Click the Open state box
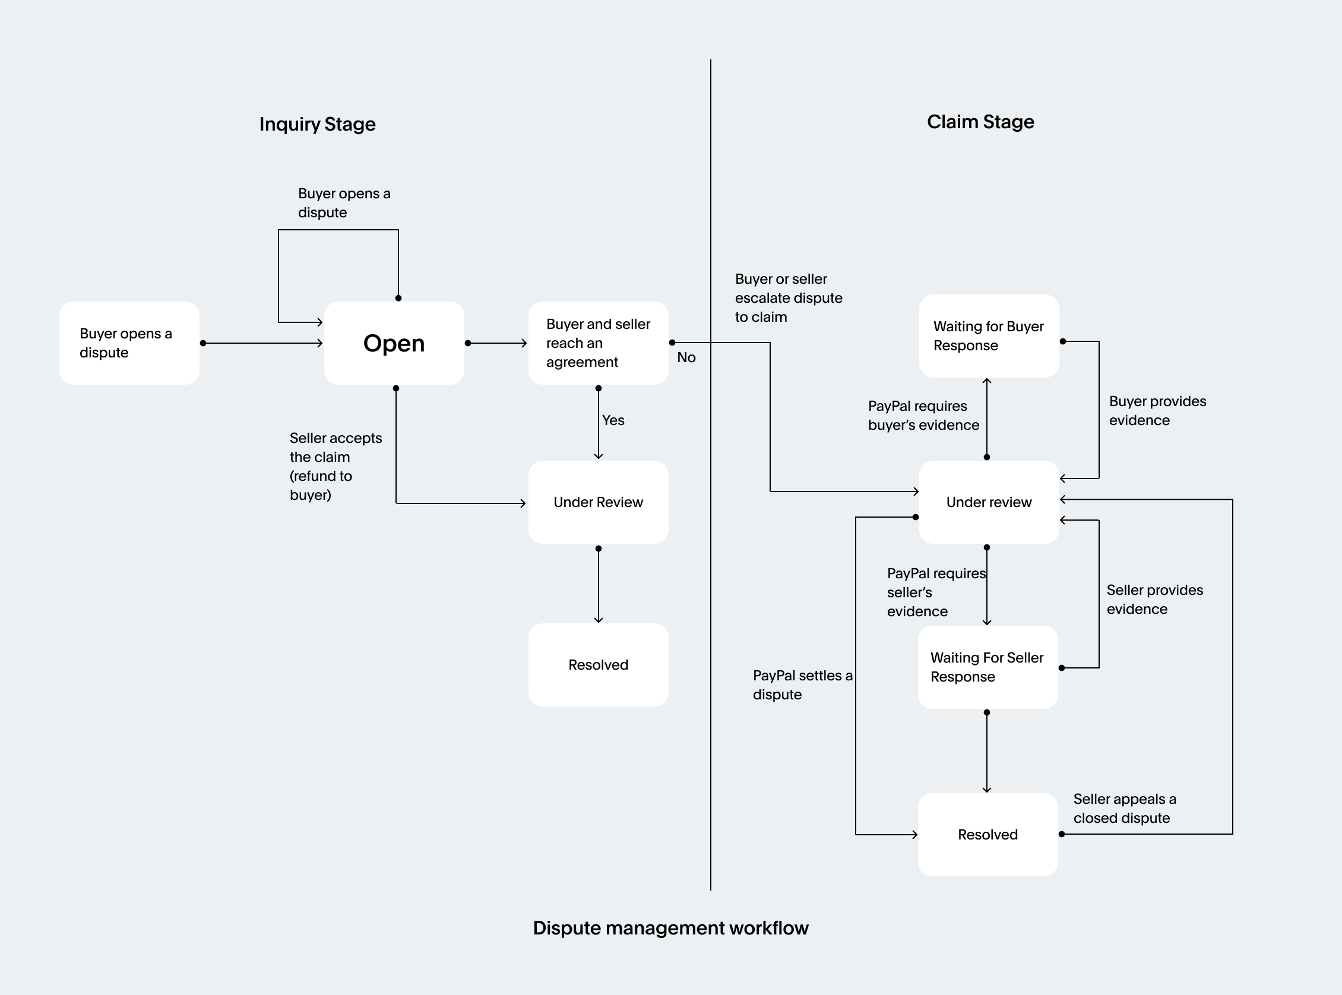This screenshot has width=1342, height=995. pyautogui.click(x=394, y=343)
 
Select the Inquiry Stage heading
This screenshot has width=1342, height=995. pyautogui.click(x=318, y=124)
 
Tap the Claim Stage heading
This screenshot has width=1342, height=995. pyautogui.click(x=980, y=122)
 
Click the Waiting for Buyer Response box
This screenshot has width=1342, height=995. pyautogui.click(x=989, y=336)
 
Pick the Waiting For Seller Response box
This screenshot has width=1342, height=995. pyautogui.click(x=987, y=667)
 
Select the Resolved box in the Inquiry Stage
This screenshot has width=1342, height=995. pyautogui.click(x=598, y=664)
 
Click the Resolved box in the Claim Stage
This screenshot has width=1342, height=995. pyautogui.click(x=987, y=834)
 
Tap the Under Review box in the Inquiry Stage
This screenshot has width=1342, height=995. pyautogui.click(x=598, y=502)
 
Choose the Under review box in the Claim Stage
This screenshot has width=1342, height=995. pyautogui.click(x=989, y=502)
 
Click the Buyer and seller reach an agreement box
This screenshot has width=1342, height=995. pyautogui.click(x=598, y=343)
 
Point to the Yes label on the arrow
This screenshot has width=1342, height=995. pyautogui.click(x=613, y=420)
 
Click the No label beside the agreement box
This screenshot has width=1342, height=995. pyautogui.click(x=686, y=357)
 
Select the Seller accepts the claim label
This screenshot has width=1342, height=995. pyautogui.click(x=335, y=466)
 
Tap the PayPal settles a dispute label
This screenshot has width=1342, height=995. pyautogui.click(x=802, y=685)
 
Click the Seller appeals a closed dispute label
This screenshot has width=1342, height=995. pyautogui.click(x=1124, y=808)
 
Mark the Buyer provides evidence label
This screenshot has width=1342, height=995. pyautogui.click(x=1157, y=411)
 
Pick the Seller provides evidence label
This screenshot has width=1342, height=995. pyautogui.click(x=1154, y=599)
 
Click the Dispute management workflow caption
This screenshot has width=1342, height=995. pyautogui.click(x=670, y=927)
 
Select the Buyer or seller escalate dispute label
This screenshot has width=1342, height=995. pyautogui.click(x=788, y=297)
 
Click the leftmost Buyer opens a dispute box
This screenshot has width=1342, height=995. pyautogui.click(x=129, y=343)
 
